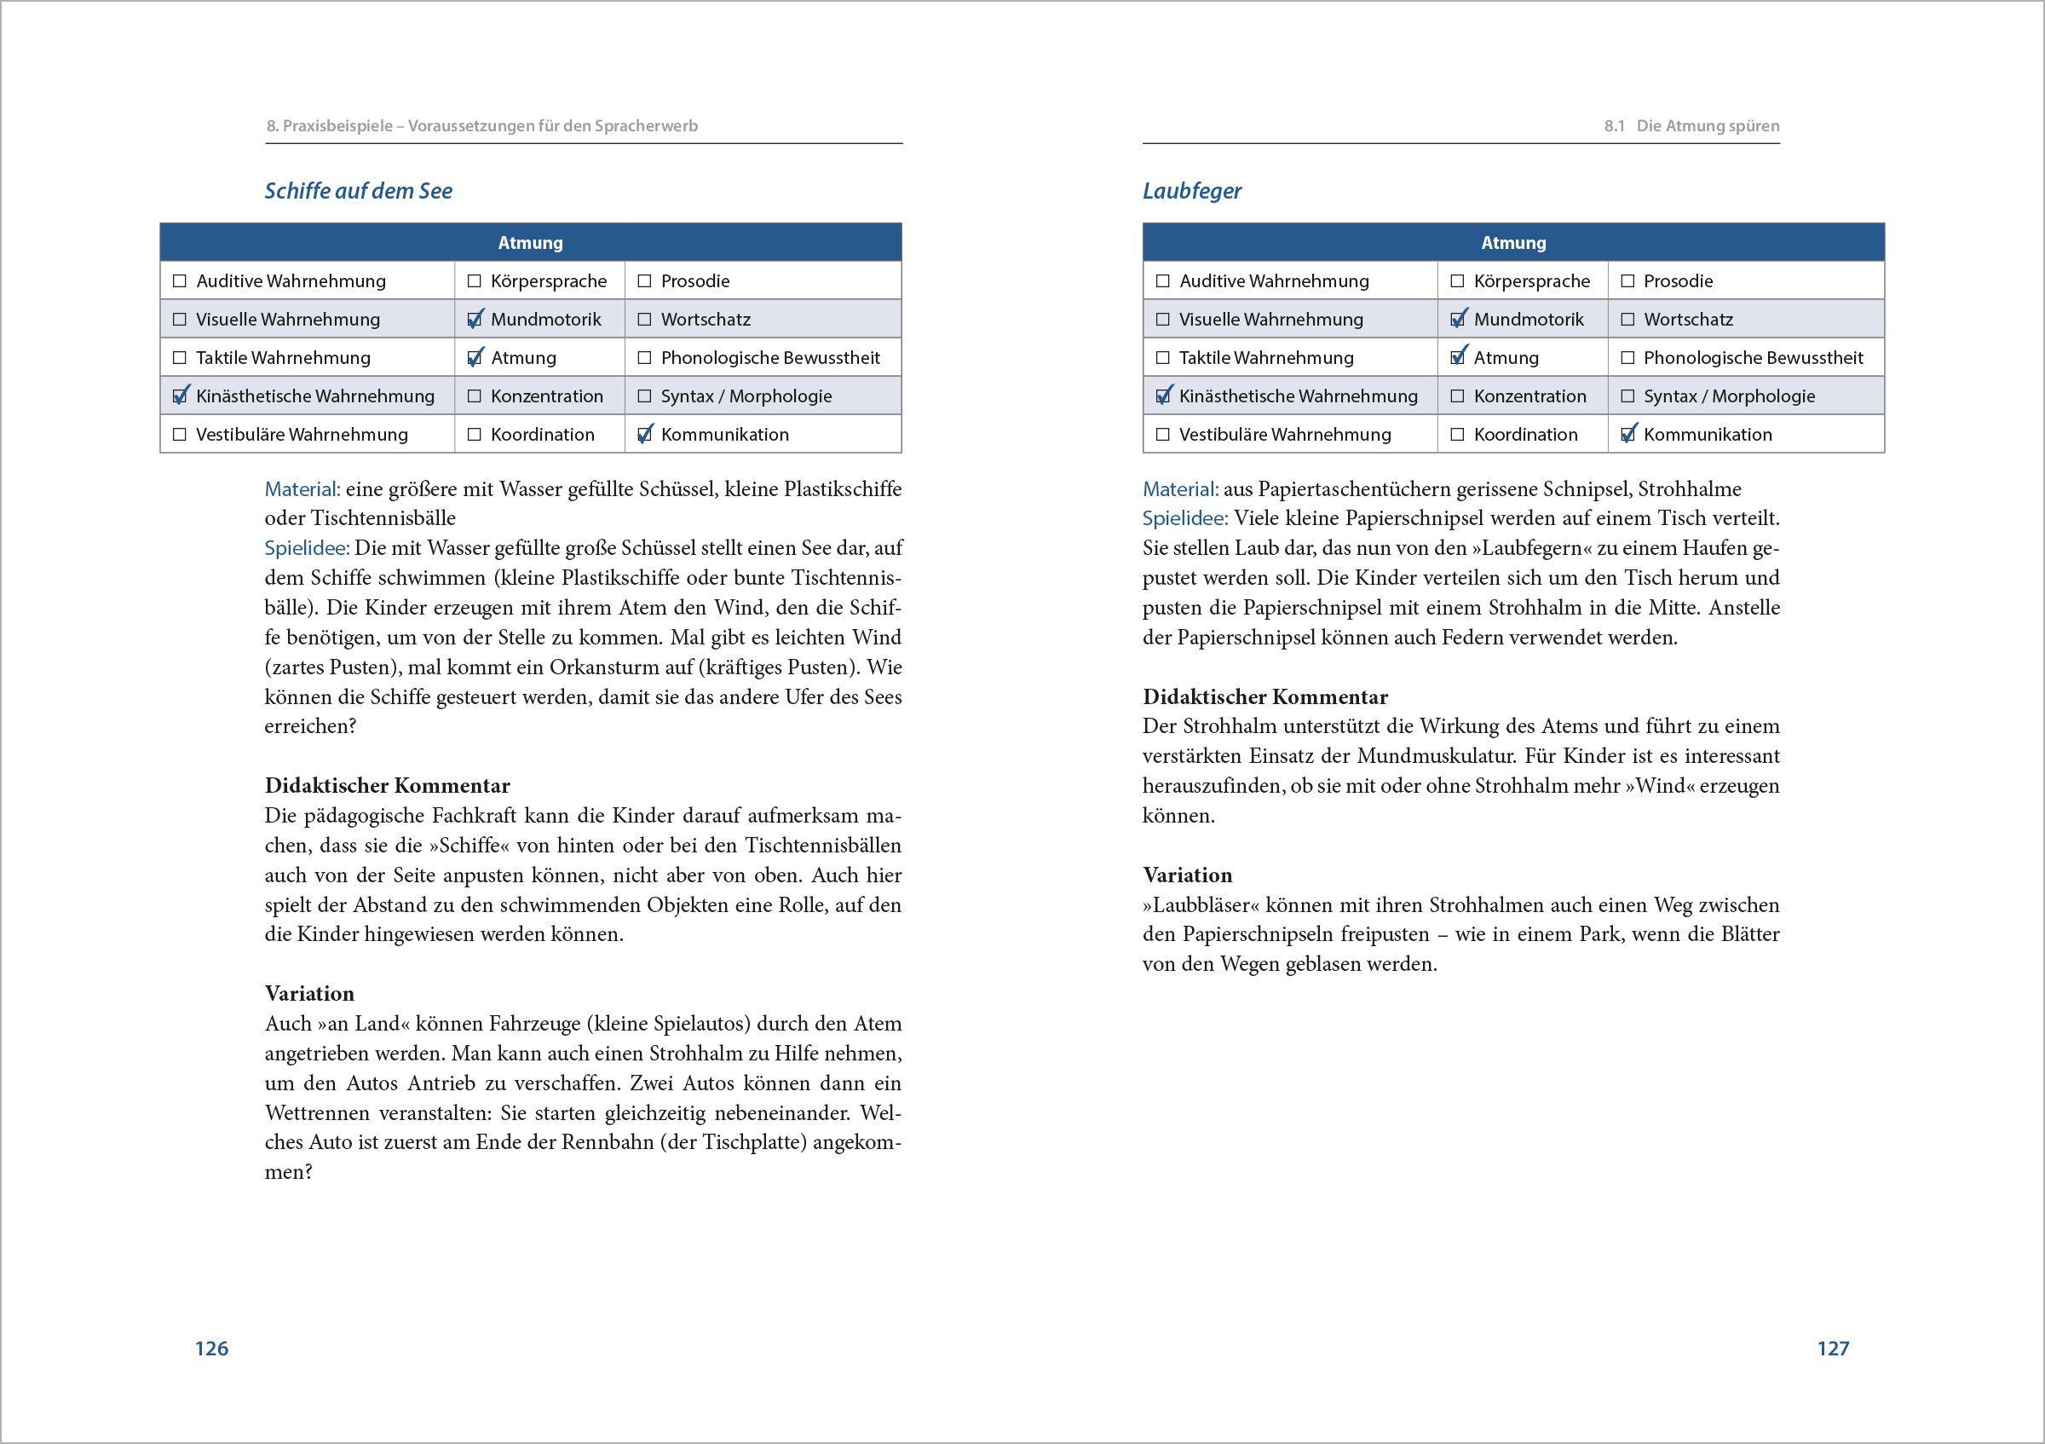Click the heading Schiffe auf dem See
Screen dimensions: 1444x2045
(x=358, y=191)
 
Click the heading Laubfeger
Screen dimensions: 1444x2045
(x=1191, y=191)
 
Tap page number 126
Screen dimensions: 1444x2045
(x=212, y=1348)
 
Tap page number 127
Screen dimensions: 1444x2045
(x=1833, y=1348)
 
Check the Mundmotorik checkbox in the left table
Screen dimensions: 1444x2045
(x=475, y=319)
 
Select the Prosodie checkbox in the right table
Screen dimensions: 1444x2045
(x=1627, y=281)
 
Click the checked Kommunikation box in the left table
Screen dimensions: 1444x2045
(x=645, y=435)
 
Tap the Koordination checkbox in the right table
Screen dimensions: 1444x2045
(x=1457, y=435)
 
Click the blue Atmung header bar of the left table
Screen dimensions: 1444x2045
(x=530, y=242)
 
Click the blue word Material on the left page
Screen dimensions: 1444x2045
(x=302, y=489)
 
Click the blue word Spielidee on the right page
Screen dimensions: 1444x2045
(x=1184, y=518)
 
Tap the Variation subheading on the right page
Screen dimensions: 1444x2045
(x=1187, y=875)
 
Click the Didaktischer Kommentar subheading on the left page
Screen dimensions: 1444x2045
(x=387, y=786)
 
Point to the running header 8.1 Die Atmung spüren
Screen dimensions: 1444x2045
(x=1691, y=125)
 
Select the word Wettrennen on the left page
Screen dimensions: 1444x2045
(x=317, y=1112)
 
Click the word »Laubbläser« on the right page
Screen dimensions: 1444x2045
(x=1200, y=905)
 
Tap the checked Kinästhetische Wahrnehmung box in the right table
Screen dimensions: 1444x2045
(x=1162, y=396)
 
